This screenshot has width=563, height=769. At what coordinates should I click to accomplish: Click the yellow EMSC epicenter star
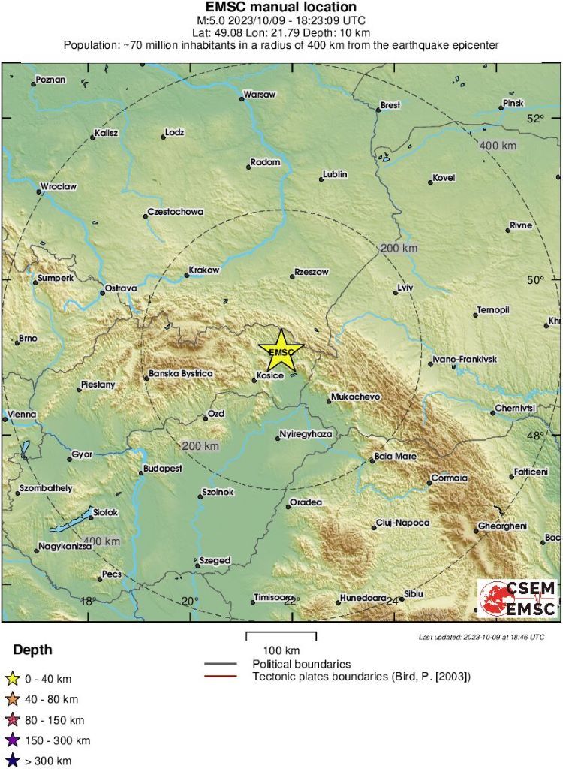281,351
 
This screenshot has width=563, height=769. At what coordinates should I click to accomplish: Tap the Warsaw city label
259,95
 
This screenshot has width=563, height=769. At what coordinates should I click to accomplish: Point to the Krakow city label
204,270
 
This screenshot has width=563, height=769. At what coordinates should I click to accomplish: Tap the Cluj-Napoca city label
405,523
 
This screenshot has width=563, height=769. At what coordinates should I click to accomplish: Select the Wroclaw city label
59,186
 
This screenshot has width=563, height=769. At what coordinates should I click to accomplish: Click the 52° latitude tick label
534,118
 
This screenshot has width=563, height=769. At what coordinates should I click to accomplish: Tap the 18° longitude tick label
88,601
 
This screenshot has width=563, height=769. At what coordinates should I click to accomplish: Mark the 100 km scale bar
281,636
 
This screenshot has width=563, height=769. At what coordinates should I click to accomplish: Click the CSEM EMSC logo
518,599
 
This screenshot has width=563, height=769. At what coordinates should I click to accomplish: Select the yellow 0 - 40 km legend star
12,679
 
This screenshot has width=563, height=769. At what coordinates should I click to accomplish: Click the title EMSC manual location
281,7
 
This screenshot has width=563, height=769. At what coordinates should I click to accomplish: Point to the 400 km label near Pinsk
498,145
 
